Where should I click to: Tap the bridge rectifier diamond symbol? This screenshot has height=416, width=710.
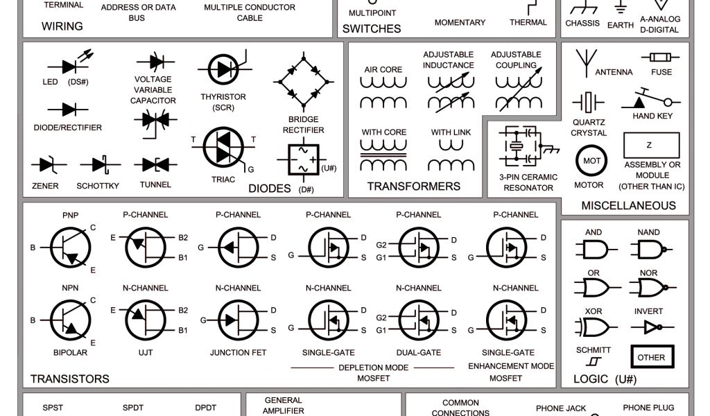[303, 82]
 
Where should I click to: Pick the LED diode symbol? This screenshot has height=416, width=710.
[69, 67]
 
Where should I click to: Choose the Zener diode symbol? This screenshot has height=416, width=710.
[47, 165]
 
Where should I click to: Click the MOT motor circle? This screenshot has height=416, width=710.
[591, 161]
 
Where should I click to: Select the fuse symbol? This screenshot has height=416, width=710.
[661, 57]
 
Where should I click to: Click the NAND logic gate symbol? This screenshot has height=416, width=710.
[650, 249]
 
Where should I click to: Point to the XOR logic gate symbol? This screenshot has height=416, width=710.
[595, 326]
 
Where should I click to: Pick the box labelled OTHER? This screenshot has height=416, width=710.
[651, 357]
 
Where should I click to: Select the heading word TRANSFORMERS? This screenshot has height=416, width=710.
[413, 187]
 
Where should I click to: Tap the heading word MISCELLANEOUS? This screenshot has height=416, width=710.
[628, 205]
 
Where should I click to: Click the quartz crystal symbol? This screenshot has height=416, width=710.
[589, 103]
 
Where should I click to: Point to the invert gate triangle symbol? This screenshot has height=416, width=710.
[652, 327]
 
